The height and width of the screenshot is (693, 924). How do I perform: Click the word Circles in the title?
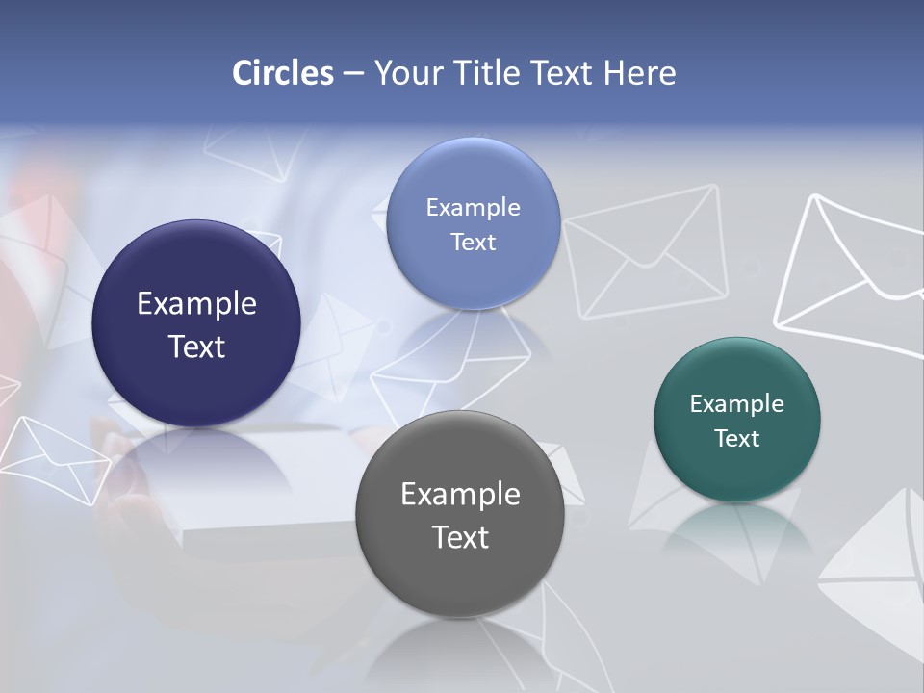pos(282,73)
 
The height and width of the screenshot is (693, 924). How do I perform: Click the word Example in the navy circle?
pos(196,304)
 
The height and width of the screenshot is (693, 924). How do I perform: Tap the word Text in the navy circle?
pos(196,346)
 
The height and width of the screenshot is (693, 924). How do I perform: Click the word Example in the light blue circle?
pos(473,208)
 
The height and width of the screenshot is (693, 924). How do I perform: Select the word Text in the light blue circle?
pos(473,242)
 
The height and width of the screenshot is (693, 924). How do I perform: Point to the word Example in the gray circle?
pos(460,495)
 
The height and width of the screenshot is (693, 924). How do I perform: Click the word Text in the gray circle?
pos(460,537)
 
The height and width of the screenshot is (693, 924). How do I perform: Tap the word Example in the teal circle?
pos(737,404)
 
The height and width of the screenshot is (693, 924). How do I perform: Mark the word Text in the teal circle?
pos(737,439)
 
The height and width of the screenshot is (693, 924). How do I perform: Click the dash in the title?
pos(353,73)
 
